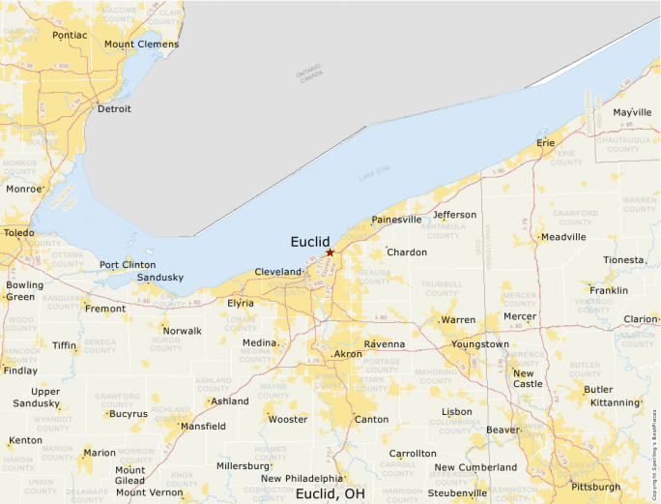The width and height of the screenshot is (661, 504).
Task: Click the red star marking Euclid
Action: click(x=330, y=252)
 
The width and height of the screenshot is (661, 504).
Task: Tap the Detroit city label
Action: click(x=114, y=109)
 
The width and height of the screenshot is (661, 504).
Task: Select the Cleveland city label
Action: click(x=278, y=273)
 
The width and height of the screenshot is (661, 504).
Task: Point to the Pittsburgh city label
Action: click(x=595, y=487)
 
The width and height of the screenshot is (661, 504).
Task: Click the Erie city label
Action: click(x=546, y=143)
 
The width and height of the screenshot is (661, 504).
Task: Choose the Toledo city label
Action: click(x=17, y=233)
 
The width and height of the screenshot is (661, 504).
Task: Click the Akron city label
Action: click(x=348, y=355)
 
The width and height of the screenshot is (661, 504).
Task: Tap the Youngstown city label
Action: click(x=479, y=344)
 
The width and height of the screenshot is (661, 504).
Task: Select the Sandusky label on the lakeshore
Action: click(x=160, y=278)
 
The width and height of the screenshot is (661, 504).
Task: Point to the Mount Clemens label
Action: click(x=141, y=44)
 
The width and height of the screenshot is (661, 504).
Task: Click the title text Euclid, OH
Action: click(x=330, y=493)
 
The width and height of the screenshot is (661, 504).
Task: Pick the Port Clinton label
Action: click(x=128, y=265)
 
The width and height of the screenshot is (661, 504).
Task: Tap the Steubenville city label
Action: click(x=458, y=492)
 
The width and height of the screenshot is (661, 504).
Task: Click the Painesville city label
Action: click(x=396, y=220)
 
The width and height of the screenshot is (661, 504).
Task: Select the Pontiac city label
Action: click(x=70, y=36)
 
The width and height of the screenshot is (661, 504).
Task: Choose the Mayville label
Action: click(x=632, y=113)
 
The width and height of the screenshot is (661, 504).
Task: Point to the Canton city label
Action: click(x=371, y=420)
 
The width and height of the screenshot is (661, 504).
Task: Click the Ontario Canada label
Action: click(x=310, y=74)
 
